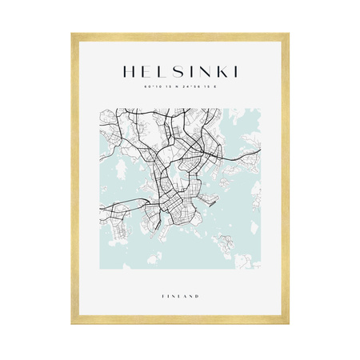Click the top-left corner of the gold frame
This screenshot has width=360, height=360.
coord(73,34)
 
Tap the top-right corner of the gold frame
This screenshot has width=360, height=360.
coord(287,34)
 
